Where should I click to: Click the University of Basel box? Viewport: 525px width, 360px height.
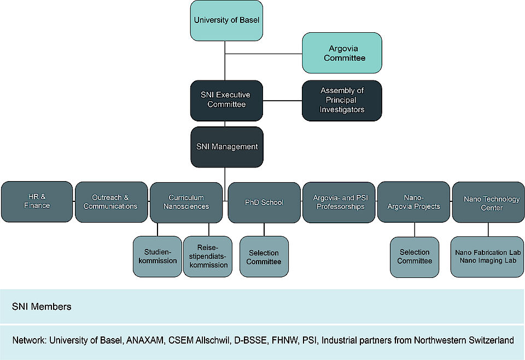coord(226,20)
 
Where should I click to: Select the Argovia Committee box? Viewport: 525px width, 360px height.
coord(342,53)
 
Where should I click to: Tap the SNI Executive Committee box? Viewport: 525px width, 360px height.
coord(226,101)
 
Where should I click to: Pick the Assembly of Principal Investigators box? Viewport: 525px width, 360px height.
coord(342,101)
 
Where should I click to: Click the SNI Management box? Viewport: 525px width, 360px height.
coord(227,147)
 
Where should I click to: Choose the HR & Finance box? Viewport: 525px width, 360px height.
coord(37,201)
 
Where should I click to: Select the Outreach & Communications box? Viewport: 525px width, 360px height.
coord(111,202)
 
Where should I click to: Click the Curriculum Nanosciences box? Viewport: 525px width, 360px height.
coord(186,202)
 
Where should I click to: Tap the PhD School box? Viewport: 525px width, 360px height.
coord(264,202)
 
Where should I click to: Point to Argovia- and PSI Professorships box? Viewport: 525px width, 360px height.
coord(339,202)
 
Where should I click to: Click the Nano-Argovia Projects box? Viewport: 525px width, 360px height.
coord(413,202)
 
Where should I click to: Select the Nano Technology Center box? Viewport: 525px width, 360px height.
coord(488,202)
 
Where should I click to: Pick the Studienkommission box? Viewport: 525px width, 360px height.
coord(157,257)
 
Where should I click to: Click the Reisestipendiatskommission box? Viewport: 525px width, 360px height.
coord(208,257)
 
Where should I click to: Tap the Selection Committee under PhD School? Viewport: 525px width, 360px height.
coord(264,257)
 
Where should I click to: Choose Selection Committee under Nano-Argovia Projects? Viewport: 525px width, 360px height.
coord(415,257)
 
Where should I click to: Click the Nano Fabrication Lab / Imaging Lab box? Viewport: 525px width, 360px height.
coord(487,257)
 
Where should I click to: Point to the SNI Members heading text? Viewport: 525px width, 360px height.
coord(42,307)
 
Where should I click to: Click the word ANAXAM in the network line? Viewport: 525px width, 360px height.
coord(145,340)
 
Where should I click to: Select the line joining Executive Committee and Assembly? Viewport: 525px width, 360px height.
coord(282,101)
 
